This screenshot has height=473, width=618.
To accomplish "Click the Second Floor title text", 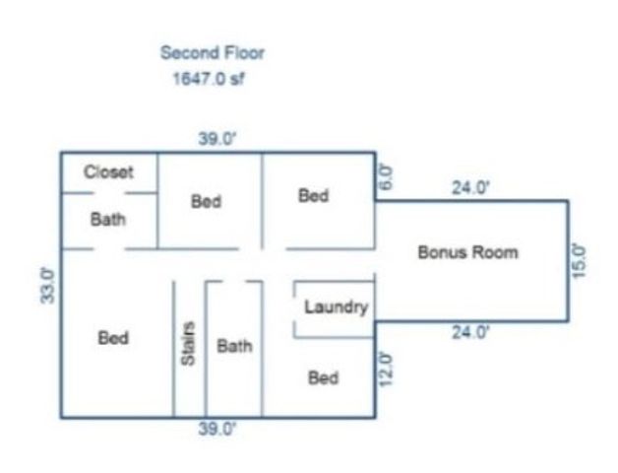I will click(x=213, y=53).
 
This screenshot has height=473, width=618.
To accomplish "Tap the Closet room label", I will click(x=108, y=171).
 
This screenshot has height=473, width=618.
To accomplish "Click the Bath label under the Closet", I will click(x=108, y=220).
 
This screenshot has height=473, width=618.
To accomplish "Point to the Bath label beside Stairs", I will click(x=234, y=346).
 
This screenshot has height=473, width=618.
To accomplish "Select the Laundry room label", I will click(x=336, y=307).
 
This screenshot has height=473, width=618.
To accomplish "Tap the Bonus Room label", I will click(x=467, y=252).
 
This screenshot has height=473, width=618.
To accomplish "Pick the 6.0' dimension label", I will click(x=386, y=177).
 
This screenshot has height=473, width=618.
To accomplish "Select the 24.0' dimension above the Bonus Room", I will click(x=470, y=188).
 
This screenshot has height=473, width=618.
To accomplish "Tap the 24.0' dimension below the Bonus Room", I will click(x=469, y=333).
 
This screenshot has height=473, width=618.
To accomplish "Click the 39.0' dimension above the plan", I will click(x=217, y=139).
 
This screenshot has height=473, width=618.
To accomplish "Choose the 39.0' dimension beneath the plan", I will click(x=217, y=429).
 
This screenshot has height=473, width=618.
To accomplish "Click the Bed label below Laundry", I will click(x=324, y=377).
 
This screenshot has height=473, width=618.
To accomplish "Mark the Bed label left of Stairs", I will click(x=113, y=338).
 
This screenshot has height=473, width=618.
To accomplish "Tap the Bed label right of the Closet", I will click(x=206, y=201).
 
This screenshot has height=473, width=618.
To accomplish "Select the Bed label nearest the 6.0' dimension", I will click(x=313, y=196).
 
